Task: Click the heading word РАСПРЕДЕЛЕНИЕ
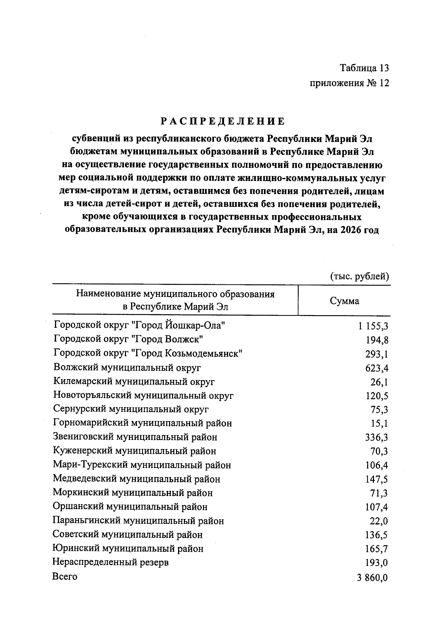click(x=223, y=121)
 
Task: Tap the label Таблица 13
click(x=364, y=68)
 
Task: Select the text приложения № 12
click(x=349, y=83)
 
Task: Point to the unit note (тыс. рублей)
click(x=359, y=276)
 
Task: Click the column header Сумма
click(x=344, y=301)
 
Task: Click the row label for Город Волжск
click(x=128, y=339)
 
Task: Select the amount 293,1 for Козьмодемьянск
click(x=377, y=354)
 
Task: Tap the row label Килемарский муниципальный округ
click(x=134, y=382)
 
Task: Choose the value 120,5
click(x=377, y=396)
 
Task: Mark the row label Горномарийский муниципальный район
click(x=142, y=423)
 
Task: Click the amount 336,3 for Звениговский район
click(x=377, y=437)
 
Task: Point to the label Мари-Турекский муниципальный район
click(x=142, y=465)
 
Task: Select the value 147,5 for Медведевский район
click(x=377, y=479)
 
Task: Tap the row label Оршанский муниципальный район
click(x=130, y=507)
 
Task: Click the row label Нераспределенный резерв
click(x=110, y=562)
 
